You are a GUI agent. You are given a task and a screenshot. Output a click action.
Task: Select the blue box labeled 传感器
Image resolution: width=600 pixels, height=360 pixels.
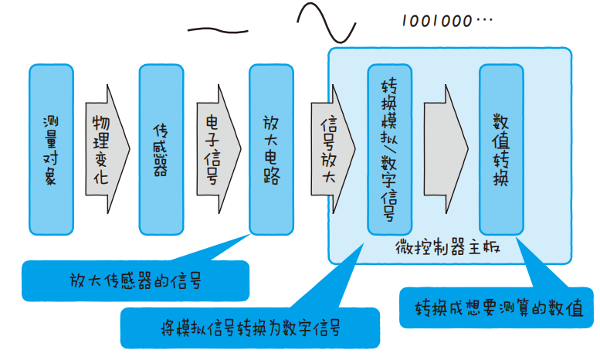click(161, 149)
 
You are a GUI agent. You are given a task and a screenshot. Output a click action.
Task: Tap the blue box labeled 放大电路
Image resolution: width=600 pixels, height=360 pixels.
click(271, 149)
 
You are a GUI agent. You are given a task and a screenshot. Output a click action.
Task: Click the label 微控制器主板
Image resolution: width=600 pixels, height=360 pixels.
click(448, 248)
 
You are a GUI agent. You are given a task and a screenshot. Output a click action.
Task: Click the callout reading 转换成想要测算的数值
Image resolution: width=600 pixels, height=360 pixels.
click(499, 309)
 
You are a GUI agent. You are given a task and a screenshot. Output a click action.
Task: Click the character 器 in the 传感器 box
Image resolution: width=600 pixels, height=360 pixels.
click(161, 169)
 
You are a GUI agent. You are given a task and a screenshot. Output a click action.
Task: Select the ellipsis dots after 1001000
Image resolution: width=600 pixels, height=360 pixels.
click(483, 21)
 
